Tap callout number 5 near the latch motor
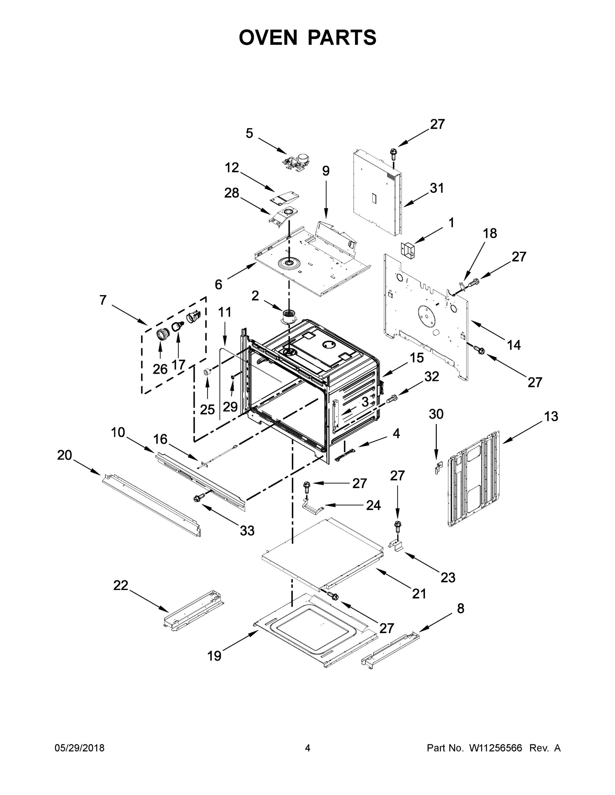[249, 133]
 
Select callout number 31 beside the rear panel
[437, 188]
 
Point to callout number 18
[490, 233]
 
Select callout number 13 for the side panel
[551, 416]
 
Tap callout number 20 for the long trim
[65, 455]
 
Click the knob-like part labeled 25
[207, 372]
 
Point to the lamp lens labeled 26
[161, 334]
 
